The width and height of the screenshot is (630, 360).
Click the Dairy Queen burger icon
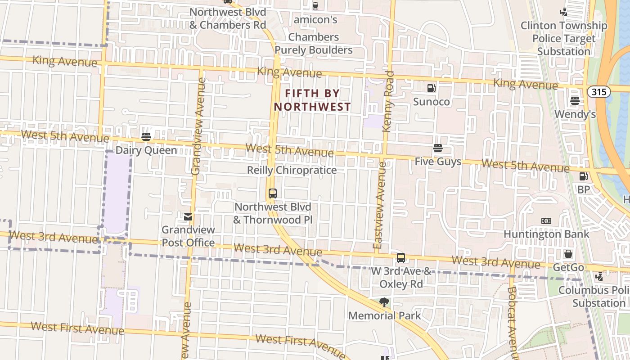(x=146, y=136)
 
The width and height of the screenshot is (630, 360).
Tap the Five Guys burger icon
(x=437, y=148)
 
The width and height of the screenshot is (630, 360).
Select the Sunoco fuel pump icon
(x=431, y=88)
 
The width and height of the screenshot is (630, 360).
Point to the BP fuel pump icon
(x=583, y=176)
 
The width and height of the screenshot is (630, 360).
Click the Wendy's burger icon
(x=575, y=101)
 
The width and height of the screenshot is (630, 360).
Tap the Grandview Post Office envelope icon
(x=188, y=217)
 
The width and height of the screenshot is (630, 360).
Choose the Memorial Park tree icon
(x=384, y=302)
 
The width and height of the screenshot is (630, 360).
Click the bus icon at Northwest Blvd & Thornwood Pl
(x=272, y=193)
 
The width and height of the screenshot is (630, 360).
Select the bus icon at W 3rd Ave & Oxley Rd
(x=400, y=258)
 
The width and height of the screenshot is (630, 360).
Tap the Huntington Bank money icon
(x=546, y=221)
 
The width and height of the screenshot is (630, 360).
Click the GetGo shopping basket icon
(x=568, y=254)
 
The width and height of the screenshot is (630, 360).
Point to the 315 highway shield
(x=598, y=92)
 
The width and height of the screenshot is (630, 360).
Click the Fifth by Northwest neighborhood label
(x=312, y=100)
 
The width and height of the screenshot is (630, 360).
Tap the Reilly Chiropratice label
(x=292, y=170)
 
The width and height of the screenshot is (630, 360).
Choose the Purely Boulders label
(x=314, y=50)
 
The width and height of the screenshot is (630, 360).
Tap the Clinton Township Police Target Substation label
(x=563, y=38)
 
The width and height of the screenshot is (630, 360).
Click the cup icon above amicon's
(x=315, y=6)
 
